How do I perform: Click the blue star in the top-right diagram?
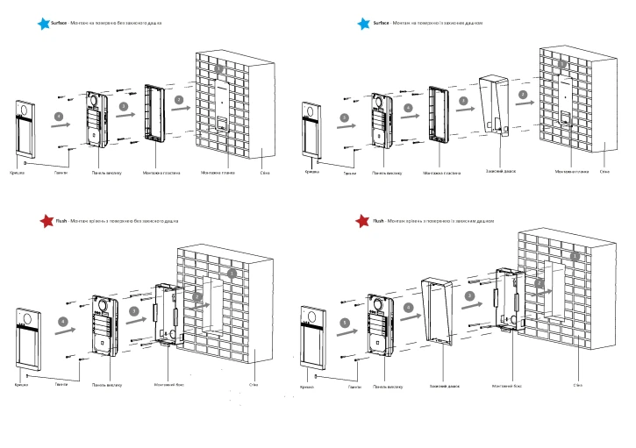[362, 24]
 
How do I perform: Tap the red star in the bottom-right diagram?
[362, 222]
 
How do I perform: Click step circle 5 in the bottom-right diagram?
[344, 323]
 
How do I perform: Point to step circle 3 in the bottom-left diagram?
[134, 310]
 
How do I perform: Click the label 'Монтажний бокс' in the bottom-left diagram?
[169, 384]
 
